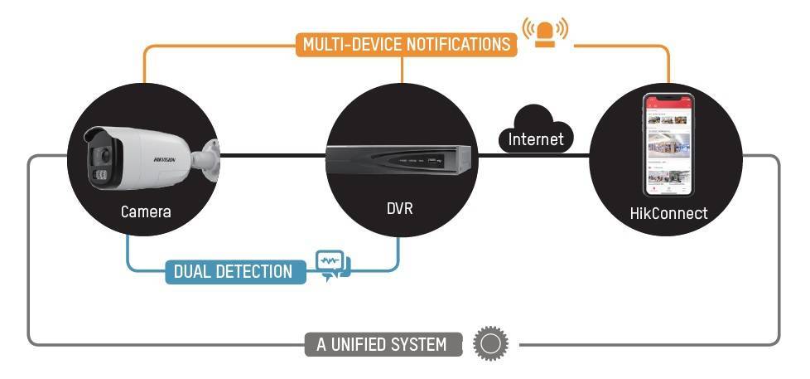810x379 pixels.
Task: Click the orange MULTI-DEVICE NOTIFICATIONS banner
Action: coord(406,44)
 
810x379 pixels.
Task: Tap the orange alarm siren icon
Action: coord(545,32)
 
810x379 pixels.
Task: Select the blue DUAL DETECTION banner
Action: coord(234,271)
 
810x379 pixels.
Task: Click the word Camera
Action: coord(146,211)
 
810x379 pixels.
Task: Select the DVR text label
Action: coord(399,208)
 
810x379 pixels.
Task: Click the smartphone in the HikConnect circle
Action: coord(668,143)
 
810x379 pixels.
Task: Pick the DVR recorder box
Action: coord(399,159)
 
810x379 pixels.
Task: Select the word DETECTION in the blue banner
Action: coord(256,271)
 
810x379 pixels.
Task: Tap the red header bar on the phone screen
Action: coord(668,104)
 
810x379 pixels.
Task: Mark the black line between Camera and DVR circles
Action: coord(273,155)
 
